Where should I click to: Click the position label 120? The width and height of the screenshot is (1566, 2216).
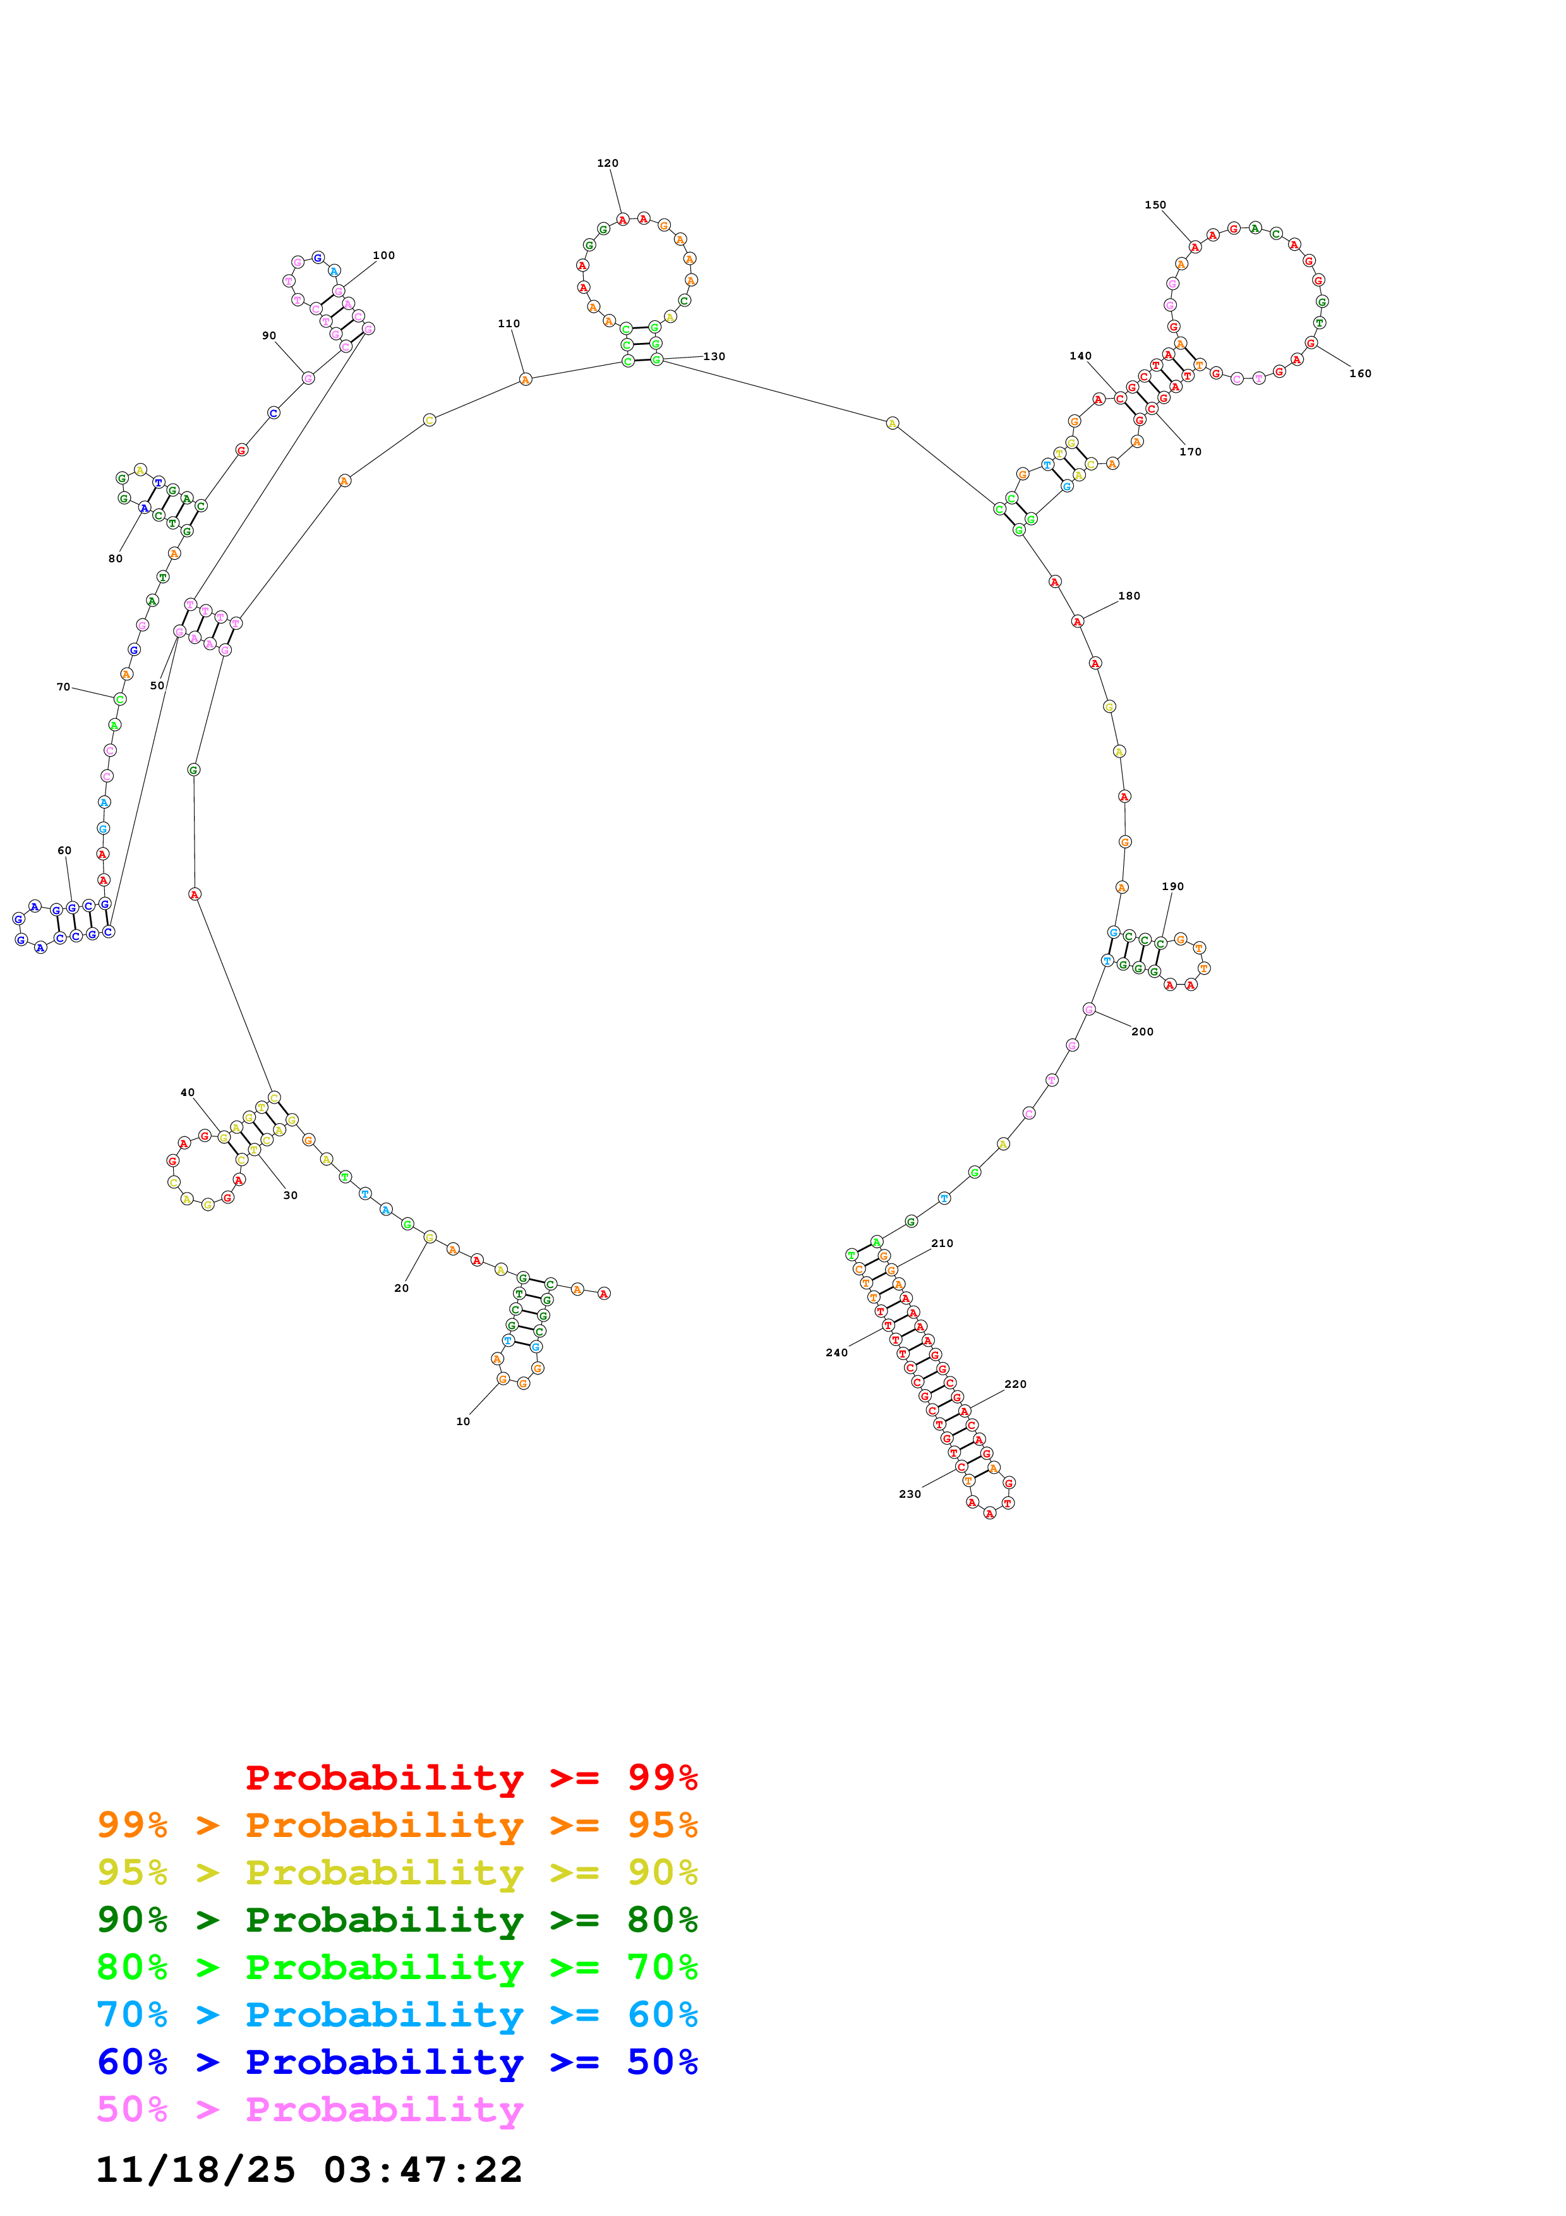(x=607, y=163)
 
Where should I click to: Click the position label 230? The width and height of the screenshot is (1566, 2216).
(x=910, y=1493)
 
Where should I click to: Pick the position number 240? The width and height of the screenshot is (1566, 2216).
(x=836, y=1352)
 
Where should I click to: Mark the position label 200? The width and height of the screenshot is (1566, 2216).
(x=1142, y=1032)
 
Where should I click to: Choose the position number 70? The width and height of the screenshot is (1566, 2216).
(x=64, y=687)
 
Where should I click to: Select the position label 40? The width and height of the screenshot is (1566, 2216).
(x=187, y=1093)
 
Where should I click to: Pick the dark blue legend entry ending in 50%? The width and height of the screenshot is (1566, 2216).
(x=397, y=2062)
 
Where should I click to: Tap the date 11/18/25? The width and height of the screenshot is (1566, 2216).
(x=195, y=2170)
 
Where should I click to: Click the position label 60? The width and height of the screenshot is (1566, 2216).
(x=64, y=850)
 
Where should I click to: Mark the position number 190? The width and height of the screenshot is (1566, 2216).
(x=1172, y=886)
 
